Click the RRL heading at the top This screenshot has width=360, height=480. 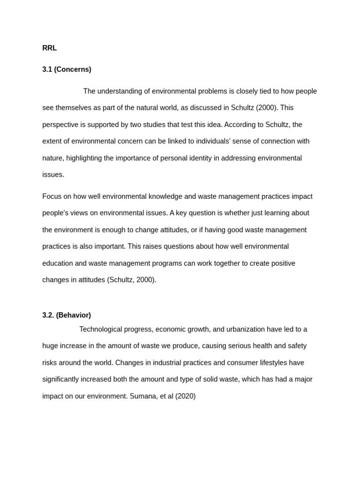(x=49, y=48)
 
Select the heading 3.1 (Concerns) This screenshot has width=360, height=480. (x=67, y=69)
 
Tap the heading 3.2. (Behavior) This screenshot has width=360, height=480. (x=67, y=315)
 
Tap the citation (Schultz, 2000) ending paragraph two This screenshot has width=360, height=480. (x=132, y=280)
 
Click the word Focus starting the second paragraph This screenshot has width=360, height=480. (x=52, y=196)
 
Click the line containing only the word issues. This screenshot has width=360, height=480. (x=53, y=175)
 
